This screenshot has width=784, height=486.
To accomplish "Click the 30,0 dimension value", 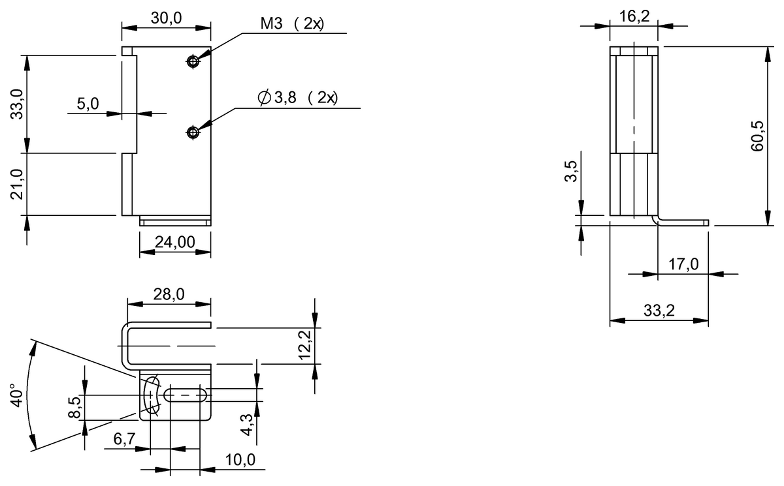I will pyautogui.click(x=166, y=18).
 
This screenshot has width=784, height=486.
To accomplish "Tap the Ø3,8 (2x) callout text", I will pyautogui.click(x=298, y=99).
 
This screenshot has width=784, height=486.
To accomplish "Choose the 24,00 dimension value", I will pyautogui.click(x=174, y=242).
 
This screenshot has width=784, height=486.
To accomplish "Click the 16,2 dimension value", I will pyautogui.click(x=634, y=16).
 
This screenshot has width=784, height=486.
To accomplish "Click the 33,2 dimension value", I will pyautogui.click(x=659, y=311).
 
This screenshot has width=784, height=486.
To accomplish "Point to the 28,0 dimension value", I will pyautogui.click(x=169, y=294).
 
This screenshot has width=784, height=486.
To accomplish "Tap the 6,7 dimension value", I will pyautogui.click(x=124, y=439).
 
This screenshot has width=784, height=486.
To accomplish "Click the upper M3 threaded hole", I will pyautogui.click(x=192, y=61).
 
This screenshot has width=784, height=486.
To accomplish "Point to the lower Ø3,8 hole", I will pyautogui.click(x=192, y=132).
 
